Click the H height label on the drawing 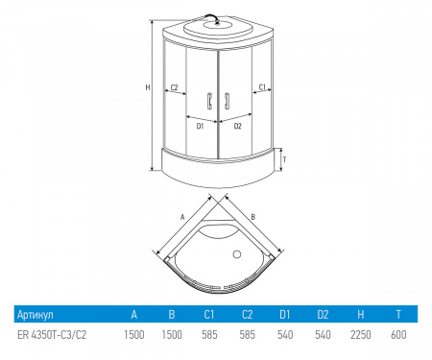coord(148,87)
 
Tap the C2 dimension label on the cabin coord(174,87)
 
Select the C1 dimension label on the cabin coord(262,86)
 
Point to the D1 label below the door coord(200,126)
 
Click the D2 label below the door coord(238,126)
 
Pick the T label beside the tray coord(284,159)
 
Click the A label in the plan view coord(182,217)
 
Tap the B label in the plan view coord(252,217)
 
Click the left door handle coord(209,101)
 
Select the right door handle coord(227,101)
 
